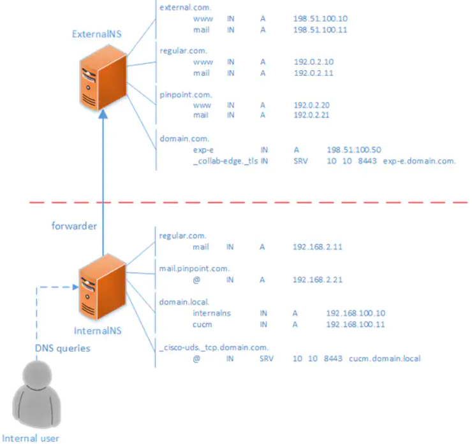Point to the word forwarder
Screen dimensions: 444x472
coord(74,226)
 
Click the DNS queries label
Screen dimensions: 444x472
coord(63,348)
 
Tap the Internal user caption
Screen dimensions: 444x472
coord(31,438)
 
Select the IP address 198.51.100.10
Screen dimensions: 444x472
coord(320,19)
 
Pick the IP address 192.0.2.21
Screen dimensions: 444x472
coord(313,115)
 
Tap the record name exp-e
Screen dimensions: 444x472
coord(203,150)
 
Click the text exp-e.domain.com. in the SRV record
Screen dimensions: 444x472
coord(419,161)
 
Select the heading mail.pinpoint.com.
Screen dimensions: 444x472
coord(194,268)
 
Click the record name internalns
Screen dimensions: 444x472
coord(211,313)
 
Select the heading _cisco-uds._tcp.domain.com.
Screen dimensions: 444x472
coord(214,347)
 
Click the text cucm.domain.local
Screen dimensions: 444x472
coord(385,359)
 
